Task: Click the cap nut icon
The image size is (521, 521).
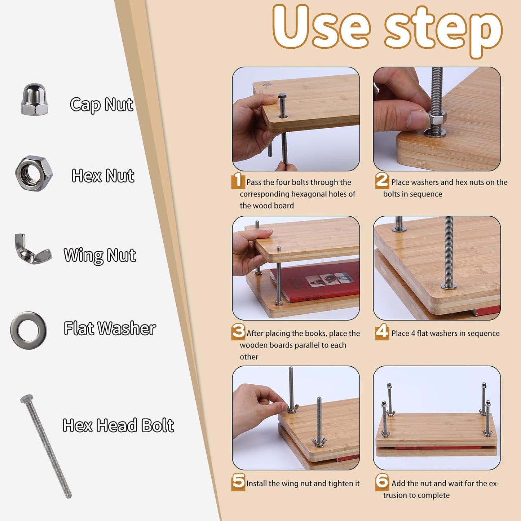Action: pyautogui.click(x=34, y=100)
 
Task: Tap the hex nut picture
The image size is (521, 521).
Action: pyautogui.click(x=34, y=173)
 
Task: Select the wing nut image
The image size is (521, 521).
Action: pyautogui.click(x=32, y=250)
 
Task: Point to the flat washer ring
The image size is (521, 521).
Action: pyautogui.click(x=28, y=330)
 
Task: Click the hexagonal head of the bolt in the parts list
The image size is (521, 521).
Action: pyautogui.click(x=27, y=399)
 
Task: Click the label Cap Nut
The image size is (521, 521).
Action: pyautogui.click(x=102, y=105)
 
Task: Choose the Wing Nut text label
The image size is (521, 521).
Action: pyautogui.click(x=100, y=255)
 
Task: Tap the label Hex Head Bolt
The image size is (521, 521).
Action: pyautogui.click(x=118, y=425)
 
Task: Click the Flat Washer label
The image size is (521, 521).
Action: pyautogui.click(x=110, y=328)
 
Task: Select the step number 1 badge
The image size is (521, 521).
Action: pyautogui.click(x=238, y=180)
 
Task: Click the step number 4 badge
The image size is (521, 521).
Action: pyautogui.click(x=382, y=332)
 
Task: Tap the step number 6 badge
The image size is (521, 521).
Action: pyautogui.click(x=382, y=482)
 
